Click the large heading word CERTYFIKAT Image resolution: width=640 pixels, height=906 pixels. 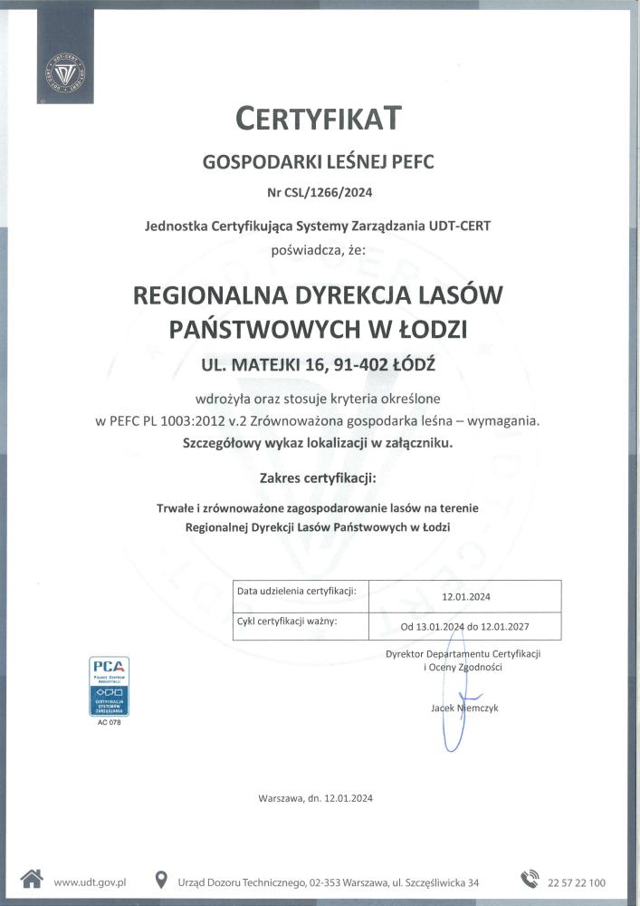(319, 118)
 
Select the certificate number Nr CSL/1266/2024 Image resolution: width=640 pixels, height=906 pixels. (320, 192)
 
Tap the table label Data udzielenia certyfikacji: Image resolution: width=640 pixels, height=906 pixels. (297, 591)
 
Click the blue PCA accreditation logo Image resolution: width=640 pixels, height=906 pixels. (108, 686)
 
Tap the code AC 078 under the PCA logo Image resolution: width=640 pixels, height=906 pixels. (108, 722)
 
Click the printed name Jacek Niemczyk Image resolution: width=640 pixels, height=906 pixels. (464, 708)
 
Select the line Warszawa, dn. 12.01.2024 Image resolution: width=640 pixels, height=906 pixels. (315, 798)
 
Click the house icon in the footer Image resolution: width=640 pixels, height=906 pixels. (32, 879)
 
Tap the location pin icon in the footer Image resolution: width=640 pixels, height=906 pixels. (161, 879)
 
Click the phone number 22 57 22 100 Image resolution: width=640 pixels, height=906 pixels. (577, 882)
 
